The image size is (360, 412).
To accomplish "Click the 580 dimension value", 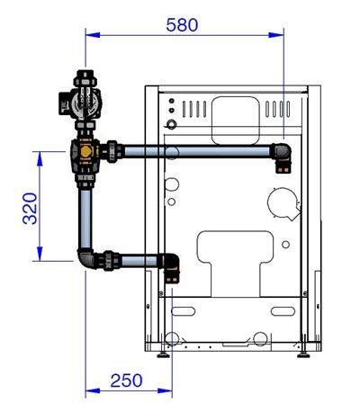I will click(x=184, y=24).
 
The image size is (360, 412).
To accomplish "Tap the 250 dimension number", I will click(x=126, y=380).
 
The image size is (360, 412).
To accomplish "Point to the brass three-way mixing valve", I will click(x=86, y=155).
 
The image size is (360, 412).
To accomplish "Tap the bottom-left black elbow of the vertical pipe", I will click(x=87, y=260).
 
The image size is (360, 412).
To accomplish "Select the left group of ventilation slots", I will click(x=192, y=110).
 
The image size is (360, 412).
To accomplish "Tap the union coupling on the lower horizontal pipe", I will click(x=112, y=261).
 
